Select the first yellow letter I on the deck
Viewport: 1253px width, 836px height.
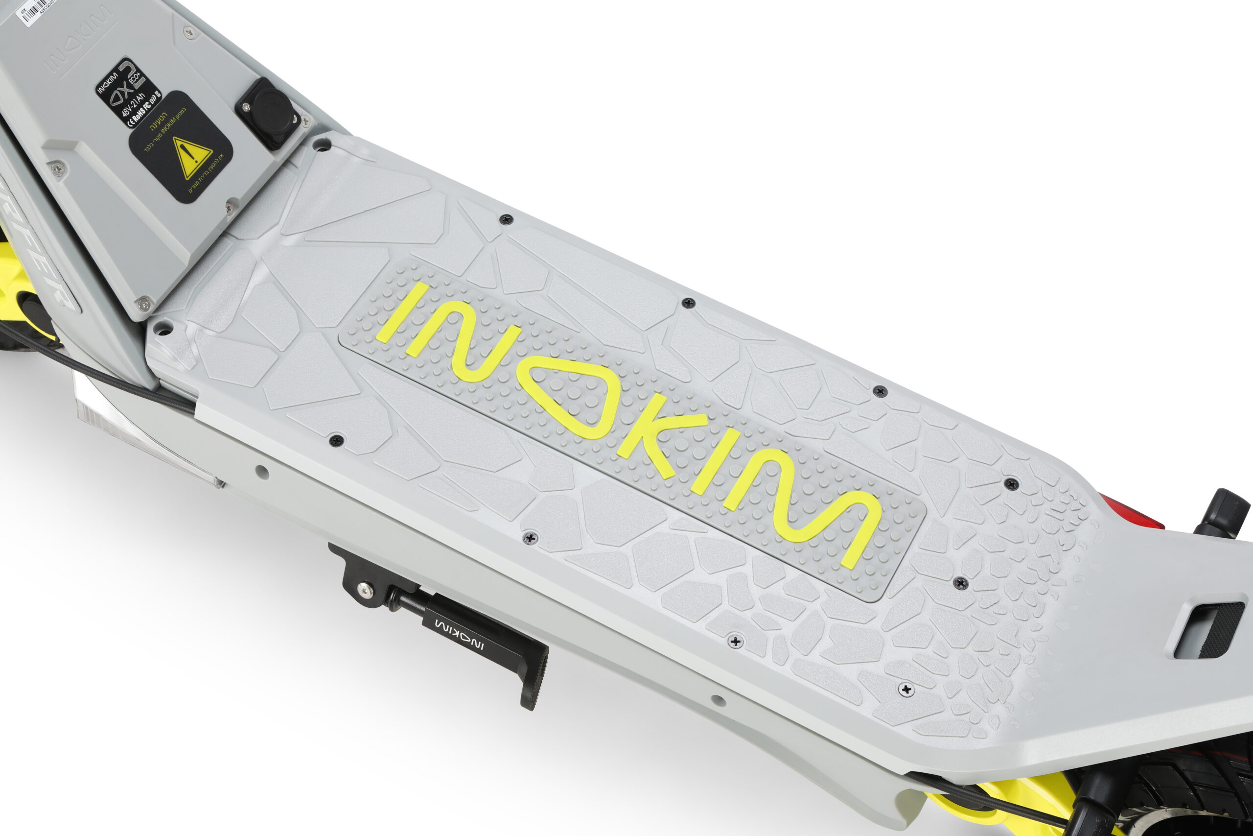point(402,312)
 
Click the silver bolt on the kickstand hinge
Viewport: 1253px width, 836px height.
point(363,589)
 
